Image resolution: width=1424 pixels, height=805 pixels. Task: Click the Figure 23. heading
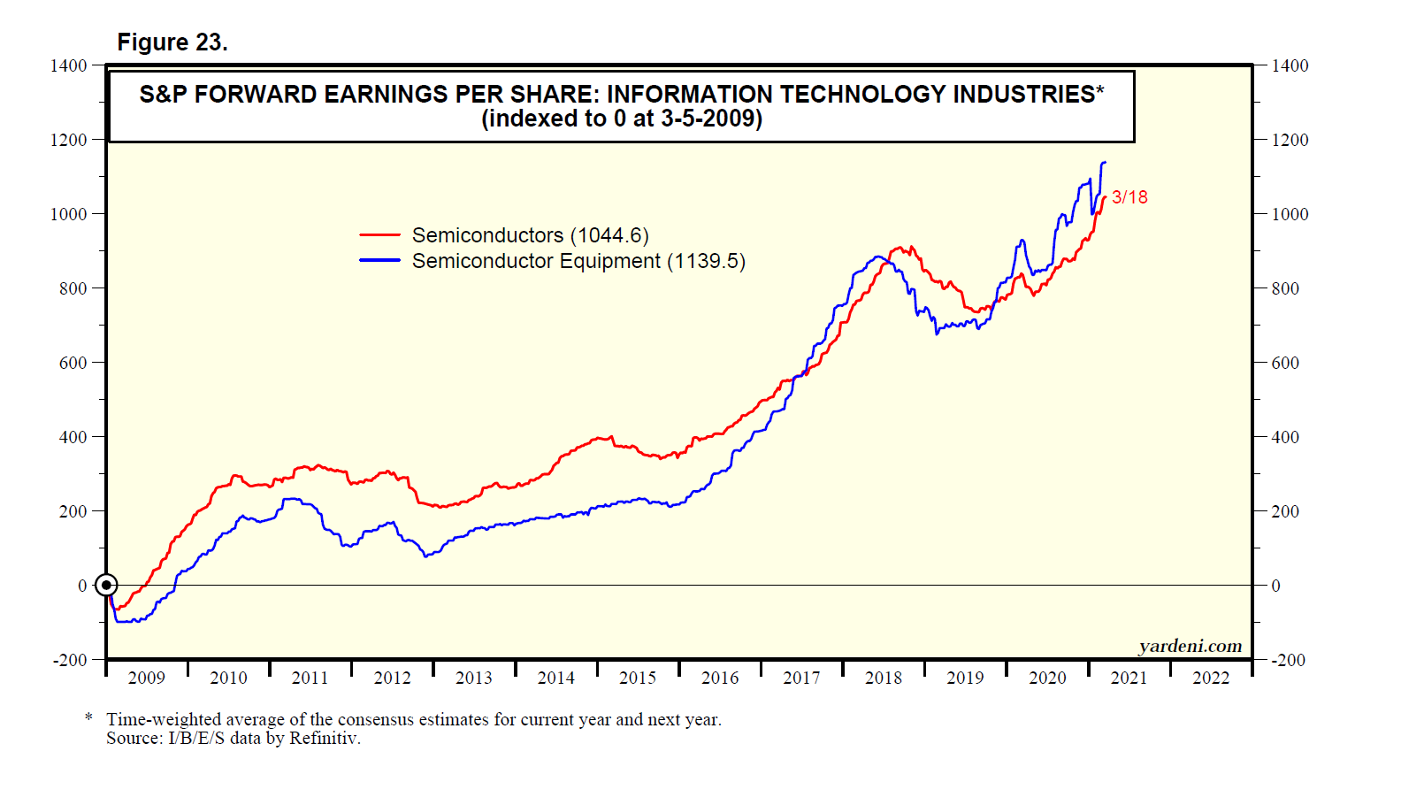(172, 42)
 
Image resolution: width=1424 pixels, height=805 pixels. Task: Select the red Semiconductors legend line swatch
(379, 235)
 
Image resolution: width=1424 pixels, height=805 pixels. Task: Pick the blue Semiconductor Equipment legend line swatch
(379, 261)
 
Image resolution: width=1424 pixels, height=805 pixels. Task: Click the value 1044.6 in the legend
(609, 235)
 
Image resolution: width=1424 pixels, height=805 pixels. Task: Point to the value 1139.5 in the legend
(706, 261)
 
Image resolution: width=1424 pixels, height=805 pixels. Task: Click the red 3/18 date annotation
(1129, 197)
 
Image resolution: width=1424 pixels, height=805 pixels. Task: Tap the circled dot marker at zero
(106, 586)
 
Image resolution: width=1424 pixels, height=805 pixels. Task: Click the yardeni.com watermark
(1190, 646)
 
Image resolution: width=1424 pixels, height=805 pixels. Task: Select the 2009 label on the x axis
(147, 678)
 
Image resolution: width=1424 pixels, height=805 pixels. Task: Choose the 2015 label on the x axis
(638, 678)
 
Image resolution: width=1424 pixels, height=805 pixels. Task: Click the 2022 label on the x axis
(1211, 678)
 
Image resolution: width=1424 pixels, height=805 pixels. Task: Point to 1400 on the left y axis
(69, 65)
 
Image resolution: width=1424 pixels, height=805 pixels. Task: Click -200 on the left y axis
(70, 660)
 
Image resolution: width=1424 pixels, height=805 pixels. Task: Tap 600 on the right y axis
(1285, 363)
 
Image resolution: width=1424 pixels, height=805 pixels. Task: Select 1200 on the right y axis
(1290, 140)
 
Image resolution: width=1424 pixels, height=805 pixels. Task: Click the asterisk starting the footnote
(88, 717)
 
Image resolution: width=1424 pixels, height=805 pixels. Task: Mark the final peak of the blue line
(1104, 163)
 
